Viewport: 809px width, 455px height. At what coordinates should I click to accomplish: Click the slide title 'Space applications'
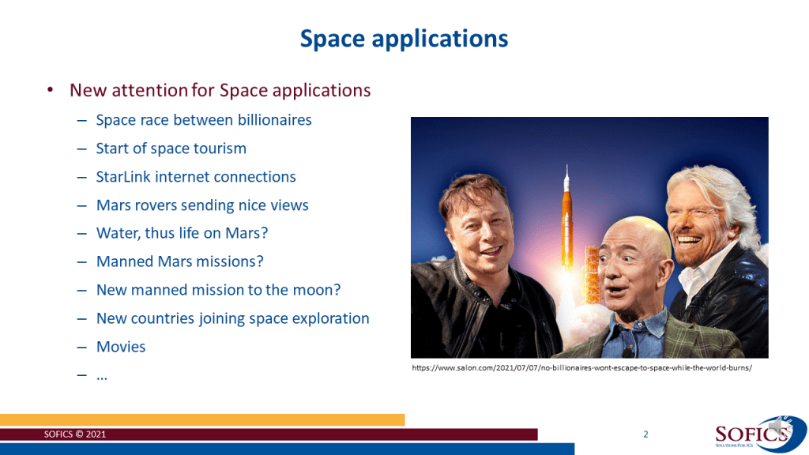[404, 39]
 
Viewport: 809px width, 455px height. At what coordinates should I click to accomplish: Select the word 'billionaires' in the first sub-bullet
[274, 120]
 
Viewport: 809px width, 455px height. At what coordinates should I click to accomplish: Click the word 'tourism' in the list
[220, 149]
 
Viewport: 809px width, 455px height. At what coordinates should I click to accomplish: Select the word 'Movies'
[121, 347]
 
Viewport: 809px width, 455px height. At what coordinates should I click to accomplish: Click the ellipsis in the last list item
[102, 378]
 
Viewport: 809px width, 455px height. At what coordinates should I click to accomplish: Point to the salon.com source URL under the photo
[581, 368]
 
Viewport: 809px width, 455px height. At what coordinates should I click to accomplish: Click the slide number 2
[645, 434]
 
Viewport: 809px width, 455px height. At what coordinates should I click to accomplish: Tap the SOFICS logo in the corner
[760, 434]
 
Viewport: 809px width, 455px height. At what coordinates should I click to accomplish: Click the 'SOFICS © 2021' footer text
[75, 434]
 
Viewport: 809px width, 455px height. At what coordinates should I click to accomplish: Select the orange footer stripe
[202, 419]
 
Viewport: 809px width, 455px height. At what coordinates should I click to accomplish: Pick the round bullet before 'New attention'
[50, 90]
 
